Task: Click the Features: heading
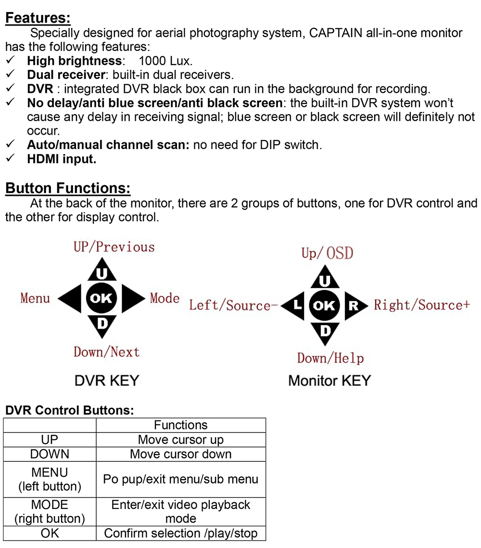pos(38,19)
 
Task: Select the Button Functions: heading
pos(68,188)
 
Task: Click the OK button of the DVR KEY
pos(101,298)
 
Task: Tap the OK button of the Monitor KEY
pos(325,305)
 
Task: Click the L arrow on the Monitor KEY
pos(294,305)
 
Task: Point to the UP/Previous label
pos(114,247)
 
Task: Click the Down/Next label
pos(106,352)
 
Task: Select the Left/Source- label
pos(230,306)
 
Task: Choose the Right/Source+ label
pos(422,305)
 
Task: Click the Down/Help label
pos(330,358)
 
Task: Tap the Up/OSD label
pos(327,253)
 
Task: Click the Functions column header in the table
pos(181,425)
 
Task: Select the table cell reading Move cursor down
pos(181,455)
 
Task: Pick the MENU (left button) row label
pos(50,479)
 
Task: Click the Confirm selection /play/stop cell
pos(181,534)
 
